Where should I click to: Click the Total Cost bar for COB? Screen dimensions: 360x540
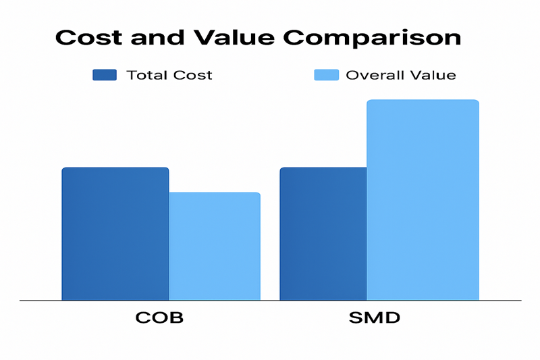[115, 233]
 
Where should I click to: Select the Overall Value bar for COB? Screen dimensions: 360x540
[215, 246]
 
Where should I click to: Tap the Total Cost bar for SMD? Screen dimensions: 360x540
[323, 233]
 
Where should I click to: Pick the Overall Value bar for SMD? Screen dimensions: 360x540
[423, 199]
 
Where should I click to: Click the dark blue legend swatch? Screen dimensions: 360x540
[105, 75]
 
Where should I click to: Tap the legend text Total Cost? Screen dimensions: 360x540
[169, 75]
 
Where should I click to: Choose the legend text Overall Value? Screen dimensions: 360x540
[401, 75]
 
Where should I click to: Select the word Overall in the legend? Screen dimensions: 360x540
[373, 75]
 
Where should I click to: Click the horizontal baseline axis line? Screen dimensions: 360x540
[270, 300]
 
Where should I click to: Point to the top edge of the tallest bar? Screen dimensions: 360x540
[423, 101]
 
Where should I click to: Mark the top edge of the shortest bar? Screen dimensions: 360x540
[215, 193]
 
